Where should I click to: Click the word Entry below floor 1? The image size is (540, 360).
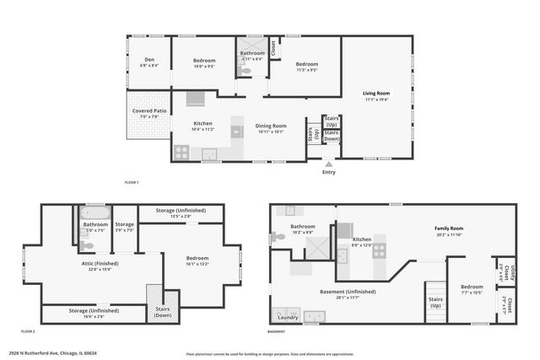328,173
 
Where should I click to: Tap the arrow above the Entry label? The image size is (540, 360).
328,164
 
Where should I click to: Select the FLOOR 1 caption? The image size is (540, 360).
131,182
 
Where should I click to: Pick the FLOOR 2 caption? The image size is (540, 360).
27,331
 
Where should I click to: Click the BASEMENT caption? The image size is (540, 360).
276,331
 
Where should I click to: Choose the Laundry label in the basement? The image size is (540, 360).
287,319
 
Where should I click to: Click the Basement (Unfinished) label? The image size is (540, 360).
348,293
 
